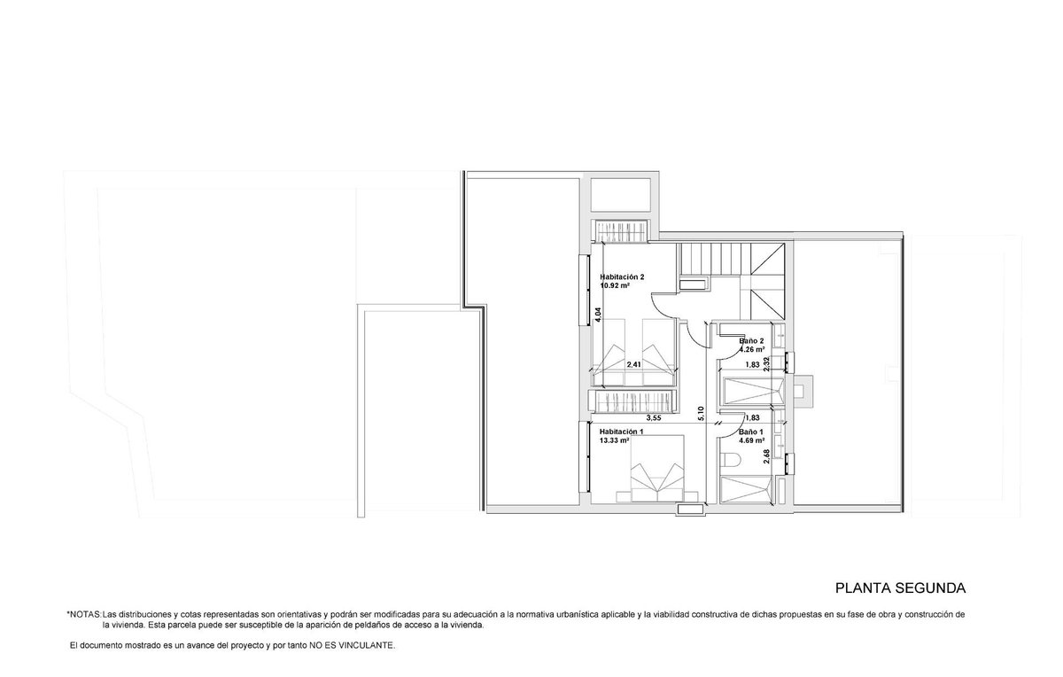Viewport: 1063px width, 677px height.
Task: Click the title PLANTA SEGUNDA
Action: coord(900,588)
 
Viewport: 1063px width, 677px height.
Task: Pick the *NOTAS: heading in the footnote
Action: coord(84,614)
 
